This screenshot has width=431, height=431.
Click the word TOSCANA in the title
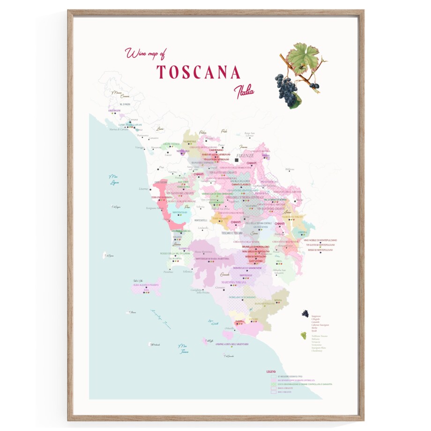tap(198, 72)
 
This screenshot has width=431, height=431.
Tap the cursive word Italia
tap(245, 90)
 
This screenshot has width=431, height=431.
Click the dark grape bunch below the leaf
tap(286, 89)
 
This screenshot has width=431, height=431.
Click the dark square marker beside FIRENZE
tap(237, 160)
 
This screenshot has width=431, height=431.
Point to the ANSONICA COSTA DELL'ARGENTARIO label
tap(231, 344)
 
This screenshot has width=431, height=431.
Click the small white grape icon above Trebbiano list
tap(304, 335)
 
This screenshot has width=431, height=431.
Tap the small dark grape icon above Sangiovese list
tap(305, 313)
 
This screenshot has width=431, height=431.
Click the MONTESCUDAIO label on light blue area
tap(180, 212)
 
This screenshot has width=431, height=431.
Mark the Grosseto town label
tap(225, 273)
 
